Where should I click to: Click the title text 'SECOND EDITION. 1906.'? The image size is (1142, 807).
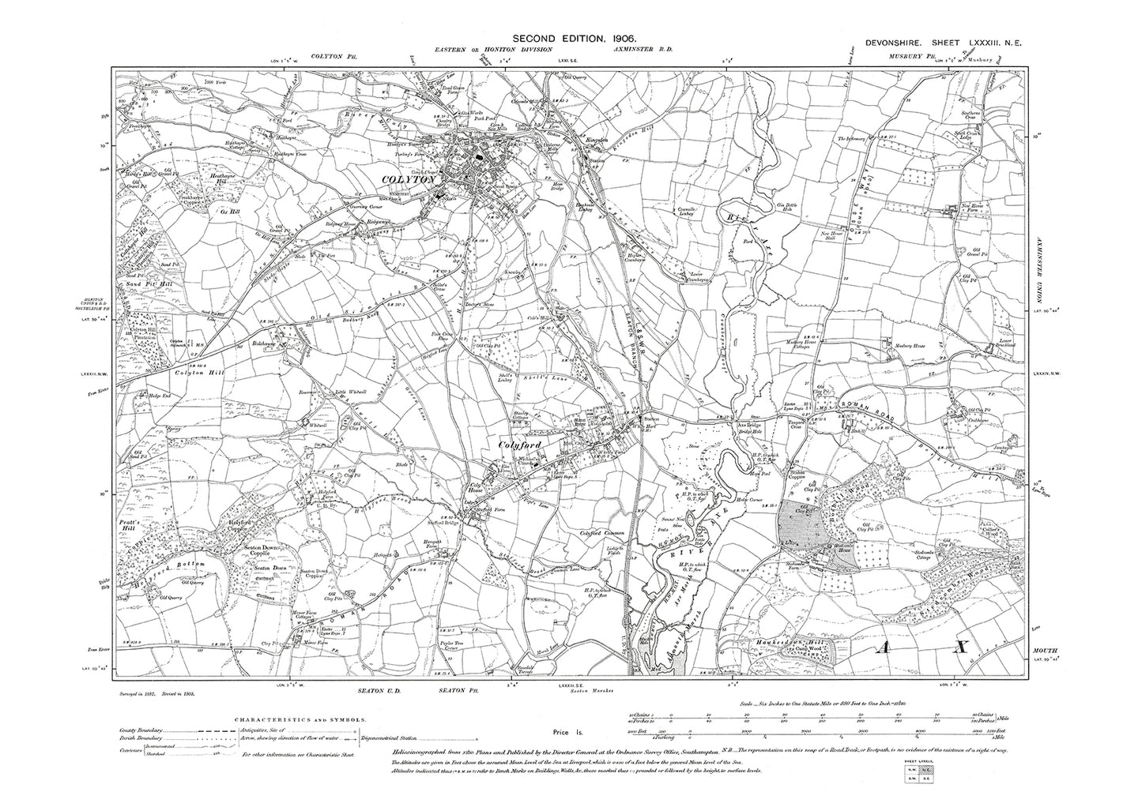[x=574, y=37]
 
